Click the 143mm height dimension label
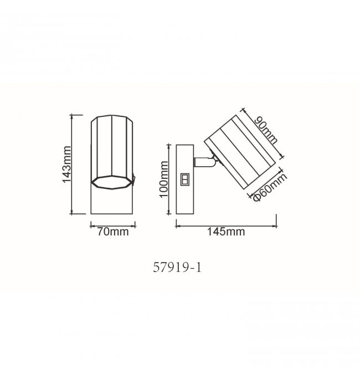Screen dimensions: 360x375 [66, 165]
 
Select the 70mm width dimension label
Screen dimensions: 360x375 [113, 232]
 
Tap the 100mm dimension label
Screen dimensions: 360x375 [164, 179]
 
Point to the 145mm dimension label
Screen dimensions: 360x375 [226, 232]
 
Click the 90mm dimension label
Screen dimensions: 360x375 [266, 130]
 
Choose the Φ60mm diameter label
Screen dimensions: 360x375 [270, 187]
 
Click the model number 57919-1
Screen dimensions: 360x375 [177, 268]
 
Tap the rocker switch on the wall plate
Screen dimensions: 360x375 [184, 179]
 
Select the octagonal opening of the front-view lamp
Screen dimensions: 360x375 [112, 182]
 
